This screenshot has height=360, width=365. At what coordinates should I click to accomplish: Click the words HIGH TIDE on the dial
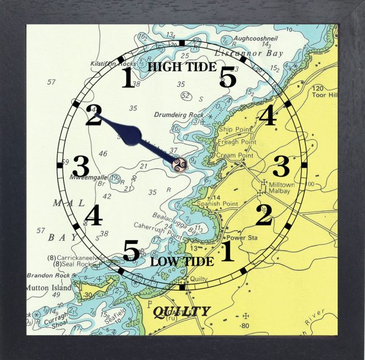click(x=182, y=66)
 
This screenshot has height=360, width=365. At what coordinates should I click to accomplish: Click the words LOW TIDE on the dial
click(x=182, y=261)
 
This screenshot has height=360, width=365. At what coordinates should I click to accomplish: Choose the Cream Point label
click(x=234, y=155)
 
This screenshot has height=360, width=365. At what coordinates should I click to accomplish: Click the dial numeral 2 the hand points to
click(x=93, y=116)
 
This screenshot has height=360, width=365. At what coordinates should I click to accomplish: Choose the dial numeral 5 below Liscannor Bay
click(x=228, y=78)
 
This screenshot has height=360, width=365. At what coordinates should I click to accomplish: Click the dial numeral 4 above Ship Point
click(x=266, y=115)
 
